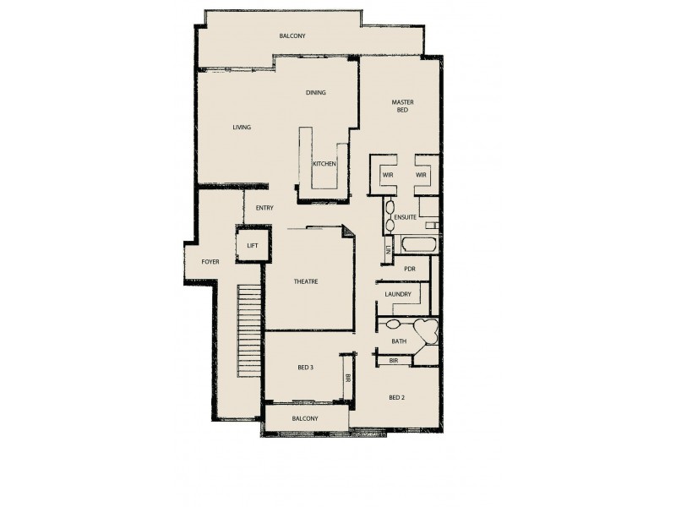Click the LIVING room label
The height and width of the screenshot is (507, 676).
coord(242,128)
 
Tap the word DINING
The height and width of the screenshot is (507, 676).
coord(316,93)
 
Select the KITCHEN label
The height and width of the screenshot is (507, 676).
coord(324,164)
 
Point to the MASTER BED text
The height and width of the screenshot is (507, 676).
coord(401,107)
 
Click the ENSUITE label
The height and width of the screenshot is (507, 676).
coord(406,218)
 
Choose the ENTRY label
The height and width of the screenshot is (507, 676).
coord(264,208)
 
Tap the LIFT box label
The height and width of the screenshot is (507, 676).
coord(252,246)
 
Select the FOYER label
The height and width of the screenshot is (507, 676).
coord(210,262)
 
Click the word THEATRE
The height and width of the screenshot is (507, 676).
coord(306,281)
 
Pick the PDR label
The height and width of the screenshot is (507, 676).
coord(410,270)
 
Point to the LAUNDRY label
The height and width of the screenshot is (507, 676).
coord(397,294)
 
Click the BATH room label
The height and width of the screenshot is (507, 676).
coord(399,341)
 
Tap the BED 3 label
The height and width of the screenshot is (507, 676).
coord(306,368)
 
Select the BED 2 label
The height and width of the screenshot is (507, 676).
coord(398,397)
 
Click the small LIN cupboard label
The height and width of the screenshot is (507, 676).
coord(388,248)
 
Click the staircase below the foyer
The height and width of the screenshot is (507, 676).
coord(248,330)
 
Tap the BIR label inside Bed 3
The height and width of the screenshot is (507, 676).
coord(347,381)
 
